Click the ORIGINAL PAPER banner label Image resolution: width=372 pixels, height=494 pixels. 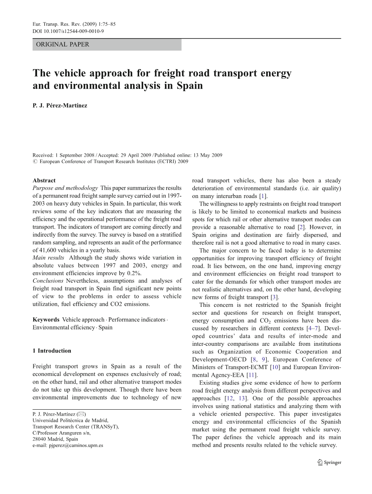(63, 45)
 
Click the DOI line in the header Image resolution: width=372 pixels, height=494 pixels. (68, 31)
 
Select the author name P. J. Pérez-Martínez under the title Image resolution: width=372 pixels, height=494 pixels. (60, 106)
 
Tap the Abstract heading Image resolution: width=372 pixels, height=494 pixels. (44, 180)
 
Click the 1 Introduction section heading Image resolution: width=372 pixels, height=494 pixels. (52, 351)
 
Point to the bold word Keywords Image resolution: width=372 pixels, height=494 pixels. (46, 320)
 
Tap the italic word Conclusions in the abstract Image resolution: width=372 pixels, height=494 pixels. (48, 281)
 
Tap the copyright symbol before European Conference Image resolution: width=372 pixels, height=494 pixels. (35, 162)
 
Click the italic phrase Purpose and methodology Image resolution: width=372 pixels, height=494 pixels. (65, 188)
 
